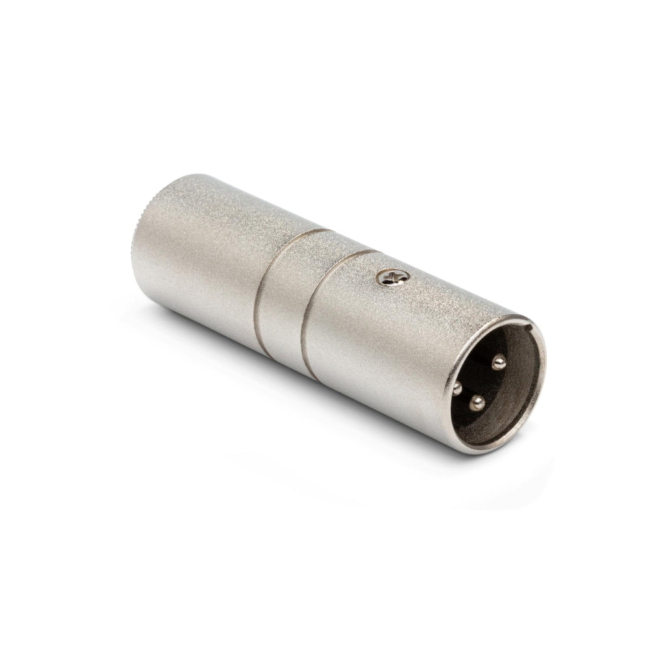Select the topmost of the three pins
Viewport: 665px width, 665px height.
pyautogui.click(x=500, y=361)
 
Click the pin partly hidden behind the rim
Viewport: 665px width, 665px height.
pyautogui.click(x=457, y=388)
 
